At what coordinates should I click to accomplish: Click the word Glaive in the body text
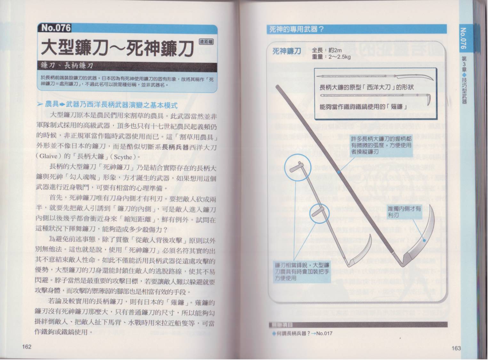49,156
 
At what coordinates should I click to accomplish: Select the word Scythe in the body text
123,157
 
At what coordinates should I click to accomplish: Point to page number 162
27,347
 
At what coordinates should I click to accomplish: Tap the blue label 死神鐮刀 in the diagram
287,52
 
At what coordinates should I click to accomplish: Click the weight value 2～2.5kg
340,57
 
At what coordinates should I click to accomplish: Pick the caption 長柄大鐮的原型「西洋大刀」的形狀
366,88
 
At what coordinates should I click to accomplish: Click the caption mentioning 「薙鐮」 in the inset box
363,107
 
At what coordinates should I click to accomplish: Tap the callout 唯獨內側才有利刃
404,212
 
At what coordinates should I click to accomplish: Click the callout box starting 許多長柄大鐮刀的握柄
381,145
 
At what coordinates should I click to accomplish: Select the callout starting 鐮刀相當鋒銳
302,272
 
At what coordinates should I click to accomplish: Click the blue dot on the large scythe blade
424,241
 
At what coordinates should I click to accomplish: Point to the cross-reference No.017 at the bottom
324,333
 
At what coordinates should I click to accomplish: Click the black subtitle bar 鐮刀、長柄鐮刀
127,66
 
